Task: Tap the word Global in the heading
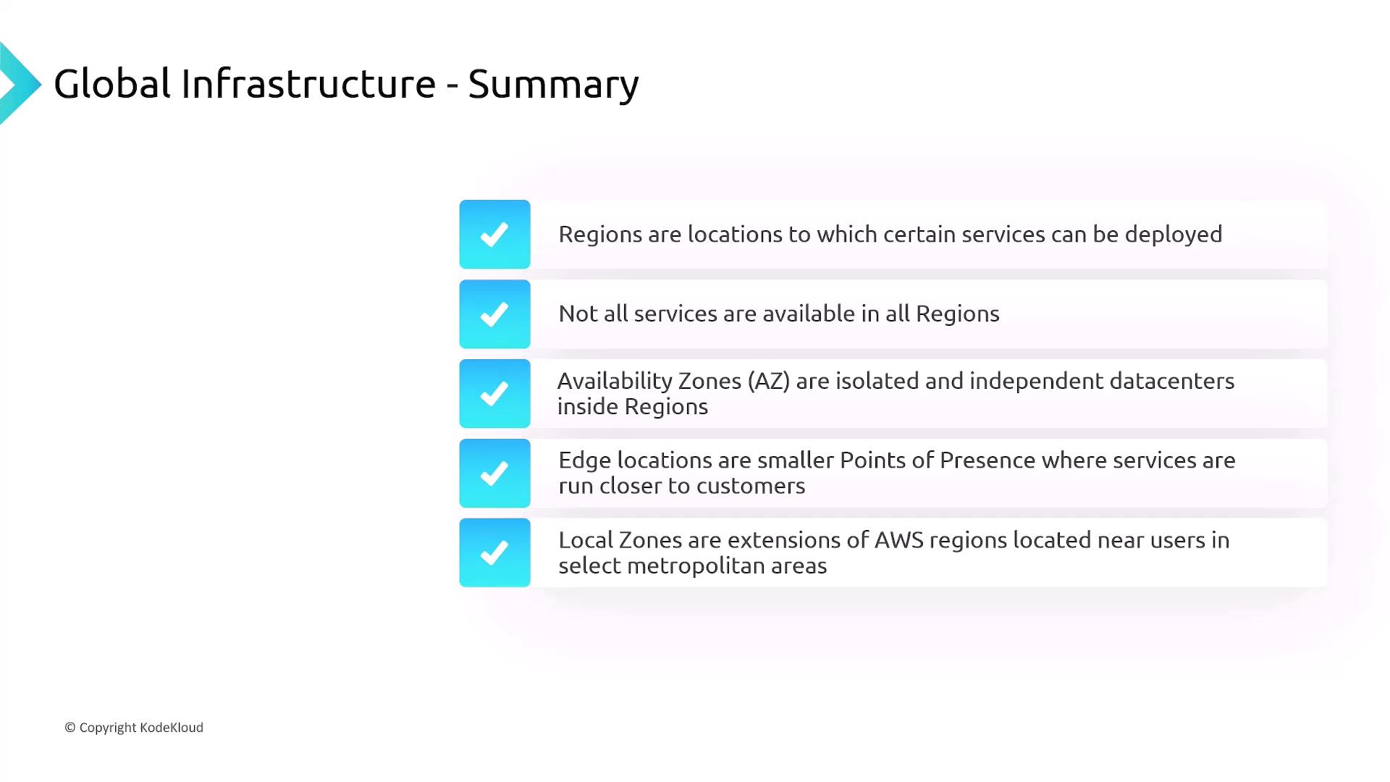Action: click(112, 83)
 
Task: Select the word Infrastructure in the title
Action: click(308, 83)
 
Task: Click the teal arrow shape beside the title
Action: click(20, 83)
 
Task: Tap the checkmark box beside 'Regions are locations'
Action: click(494, 235)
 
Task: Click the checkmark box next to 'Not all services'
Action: click(494, 314)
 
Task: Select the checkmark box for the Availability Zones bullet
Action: click(494, 394)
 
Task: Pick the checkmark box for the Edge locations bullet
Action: click(494, 474)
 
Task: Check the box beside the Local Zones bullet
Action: click(494, 552)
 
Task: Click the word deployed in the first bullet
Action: click(1174, 235)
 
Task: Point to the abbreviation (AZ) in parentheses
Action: click(769, 382)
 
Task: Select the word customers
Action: click(751, 486)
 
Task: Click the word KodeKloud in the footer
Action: click(172, 728)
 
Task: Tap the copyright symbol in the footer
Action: click(70, 728)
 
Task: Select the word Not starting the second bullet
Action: click(578, 314)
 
